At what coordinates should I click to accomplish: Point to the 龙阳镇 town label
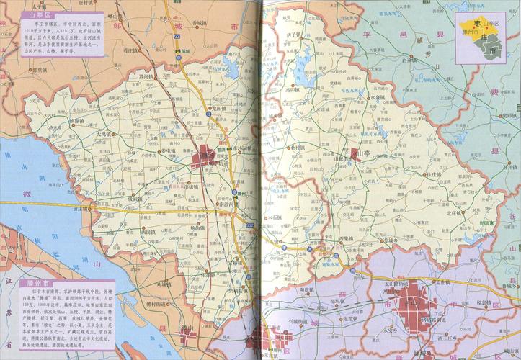[218, 109]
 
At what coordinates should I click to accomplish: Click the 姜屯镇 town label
[167, 151]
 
